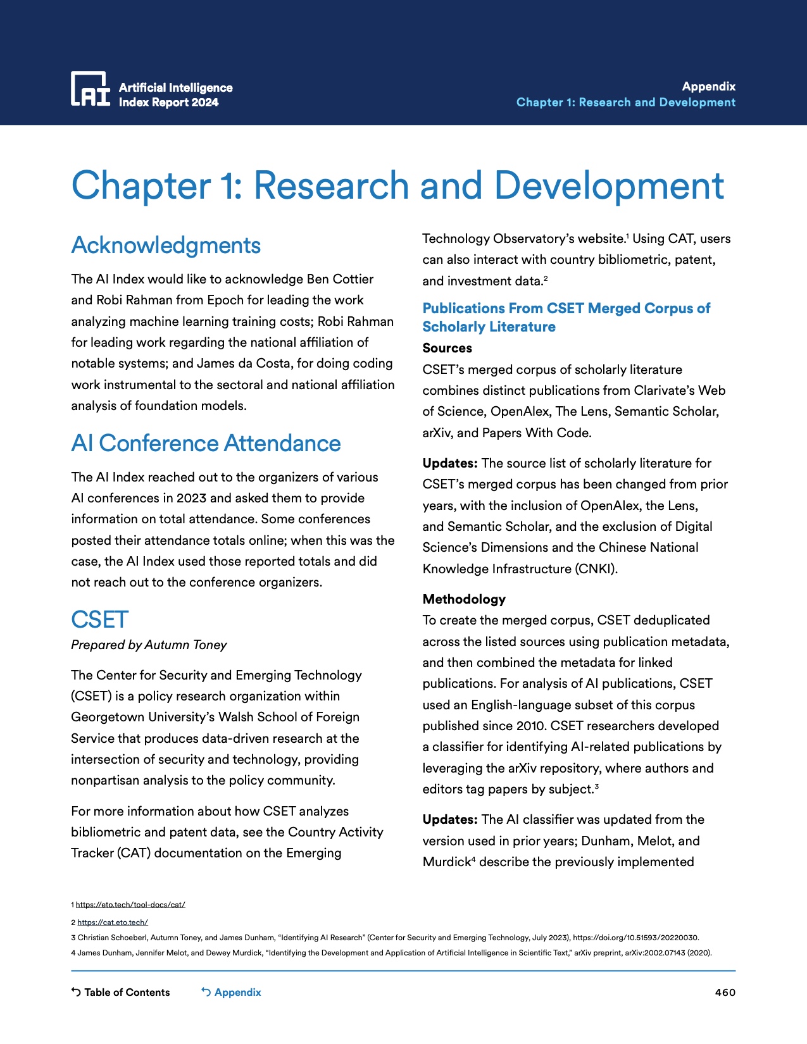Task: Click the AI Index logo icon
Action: point(90,89)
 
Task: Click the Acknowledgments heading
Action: point(166,245)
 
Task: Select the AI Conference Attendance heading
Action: point(206,444)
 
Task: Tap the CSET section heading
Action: point(100,620)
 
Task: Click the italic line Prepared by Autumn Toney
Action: point(149,645)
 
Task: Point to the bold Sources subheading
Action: point(447,348)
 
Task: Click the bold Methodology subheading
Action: point(464,599)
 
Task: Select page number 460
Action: point(725,992)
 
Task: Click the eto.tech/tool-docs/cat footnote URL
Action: point(130,905)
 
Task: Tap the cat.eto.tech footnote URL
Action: point(113,923)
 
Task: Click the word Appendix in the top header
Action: point(708,87)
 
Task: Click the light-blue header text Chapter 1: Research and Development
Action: point(625,103)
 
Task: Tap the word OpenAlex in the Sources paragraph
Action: point(520,411)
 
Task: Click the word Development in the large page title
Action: point(608,185)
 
